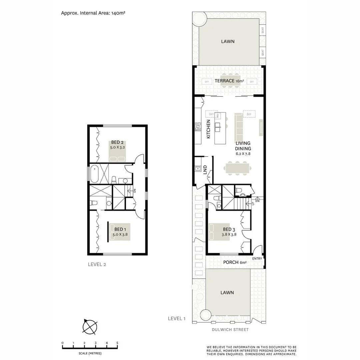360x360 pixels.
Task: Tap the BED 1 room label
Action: click(x=120, y=229)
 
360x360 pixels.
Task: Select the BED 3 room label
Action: click(x=229, y=229)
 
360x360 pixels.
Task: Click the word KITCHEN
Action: click(x=208, y=129)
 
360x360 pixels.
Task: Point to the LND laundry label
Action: click(x=205, y=169)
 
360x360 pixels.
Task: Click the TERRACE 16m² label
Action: click(x=229, y=81)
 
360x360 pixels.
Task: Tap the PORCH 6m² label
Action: click(x=235, y=263)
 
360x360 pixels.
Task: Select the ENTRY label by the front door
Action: click(x=257, y=259)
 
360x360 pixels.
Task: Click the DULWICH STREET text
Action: click(x=230, y=330)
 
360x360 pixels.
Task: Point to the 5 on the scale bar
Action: click(x=117, y=343)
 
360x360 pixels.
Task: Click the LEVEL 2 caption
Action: click(x=97, y=265)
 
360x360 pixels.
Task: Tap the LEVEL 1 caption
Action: click(x=177, y=319)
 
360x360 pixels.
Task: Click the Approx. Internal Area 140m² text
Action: click(x=93, y=13)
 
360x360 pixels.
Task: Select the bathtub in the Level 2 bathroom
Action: click(x=94, y=173)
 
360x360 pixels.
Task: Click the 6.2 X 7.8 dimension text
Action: click(x=243, y=154)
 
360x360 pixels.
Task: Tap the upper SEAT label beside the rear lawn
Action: click(x=263, y=31)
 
